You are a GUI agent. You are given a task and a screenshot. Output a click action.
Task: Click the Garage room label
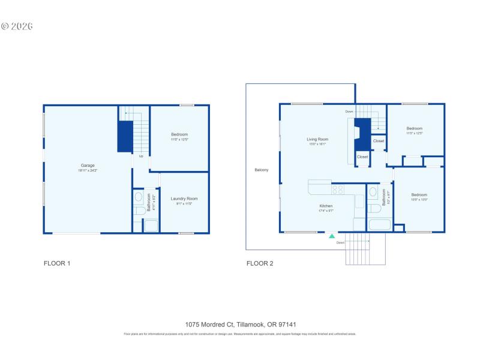(x=88, y=166)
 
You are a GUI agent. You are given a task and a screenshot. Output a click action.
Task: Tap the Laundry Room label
(x=184, y=199)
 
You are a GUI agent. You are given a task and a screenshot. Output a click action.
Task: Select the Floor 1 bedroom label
(x=179, y=134)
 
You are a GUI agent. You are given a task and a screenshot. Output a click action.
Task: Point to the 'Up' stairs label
(x=141, y=157)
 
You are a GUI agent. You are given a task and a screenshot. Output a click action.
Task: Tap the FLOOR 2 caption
(x=260, y=263)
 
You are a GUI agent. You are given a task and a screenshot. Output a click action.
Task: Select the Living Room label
(x=318, y=139)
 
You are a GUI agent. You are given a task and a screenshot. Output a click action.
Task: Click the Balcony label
(x=261, y=170)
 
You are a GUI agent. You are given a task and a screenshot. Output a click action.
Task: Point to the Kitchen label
(x=326, y=206)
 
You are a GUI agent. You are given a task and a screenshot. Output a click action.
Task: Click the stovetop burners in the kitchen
(x=337, y=190)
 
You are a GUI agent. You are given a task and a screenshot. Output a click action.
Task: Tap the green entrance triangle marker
(x=331, y=236)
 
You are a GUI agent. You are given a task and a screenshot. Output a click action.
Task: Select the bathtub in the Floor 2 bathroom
(x=379, y=226)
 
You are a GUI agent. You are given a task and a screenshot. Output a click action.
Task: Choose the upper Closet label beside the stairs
(x=379, y=141)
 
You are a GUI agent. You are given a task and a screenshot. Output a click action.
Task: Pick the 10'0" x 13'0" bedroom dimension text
(x=419, y=200)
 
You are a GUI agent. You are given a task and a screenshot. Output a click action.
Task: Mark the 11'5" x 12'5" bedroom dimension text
(x=415, y=133)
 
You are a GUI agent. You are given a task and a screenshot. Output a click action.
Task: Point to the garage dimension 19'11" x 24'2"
(x=88, y=171)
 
